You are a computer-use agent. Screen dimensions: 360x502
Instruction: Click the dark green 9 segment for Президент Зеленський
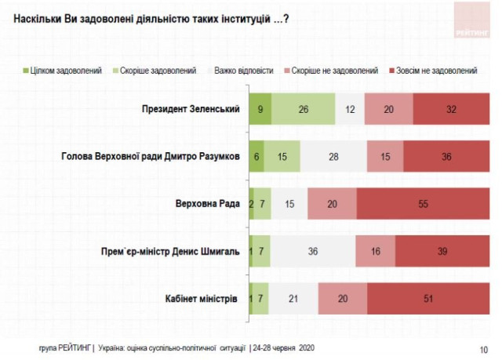tap(260, 108)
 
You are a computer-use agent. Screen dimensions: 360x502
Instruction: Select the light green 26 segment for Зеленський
tap(303, 108)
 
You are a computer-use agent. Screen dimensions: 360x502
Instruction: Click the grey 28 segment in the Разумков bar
tap(335, 156)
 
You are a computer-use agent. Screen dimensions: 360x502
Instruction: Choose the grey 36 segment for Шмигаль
tap(312, 251)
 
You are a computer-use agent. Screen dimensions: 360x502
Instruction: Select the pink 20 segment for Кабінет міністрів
tap(342, 299)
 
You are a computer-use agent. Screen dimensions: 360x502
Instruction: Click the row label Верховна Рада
tap(207, 204)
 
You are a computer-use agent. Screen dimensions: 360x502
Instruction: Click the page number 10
tap(483, 348)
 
